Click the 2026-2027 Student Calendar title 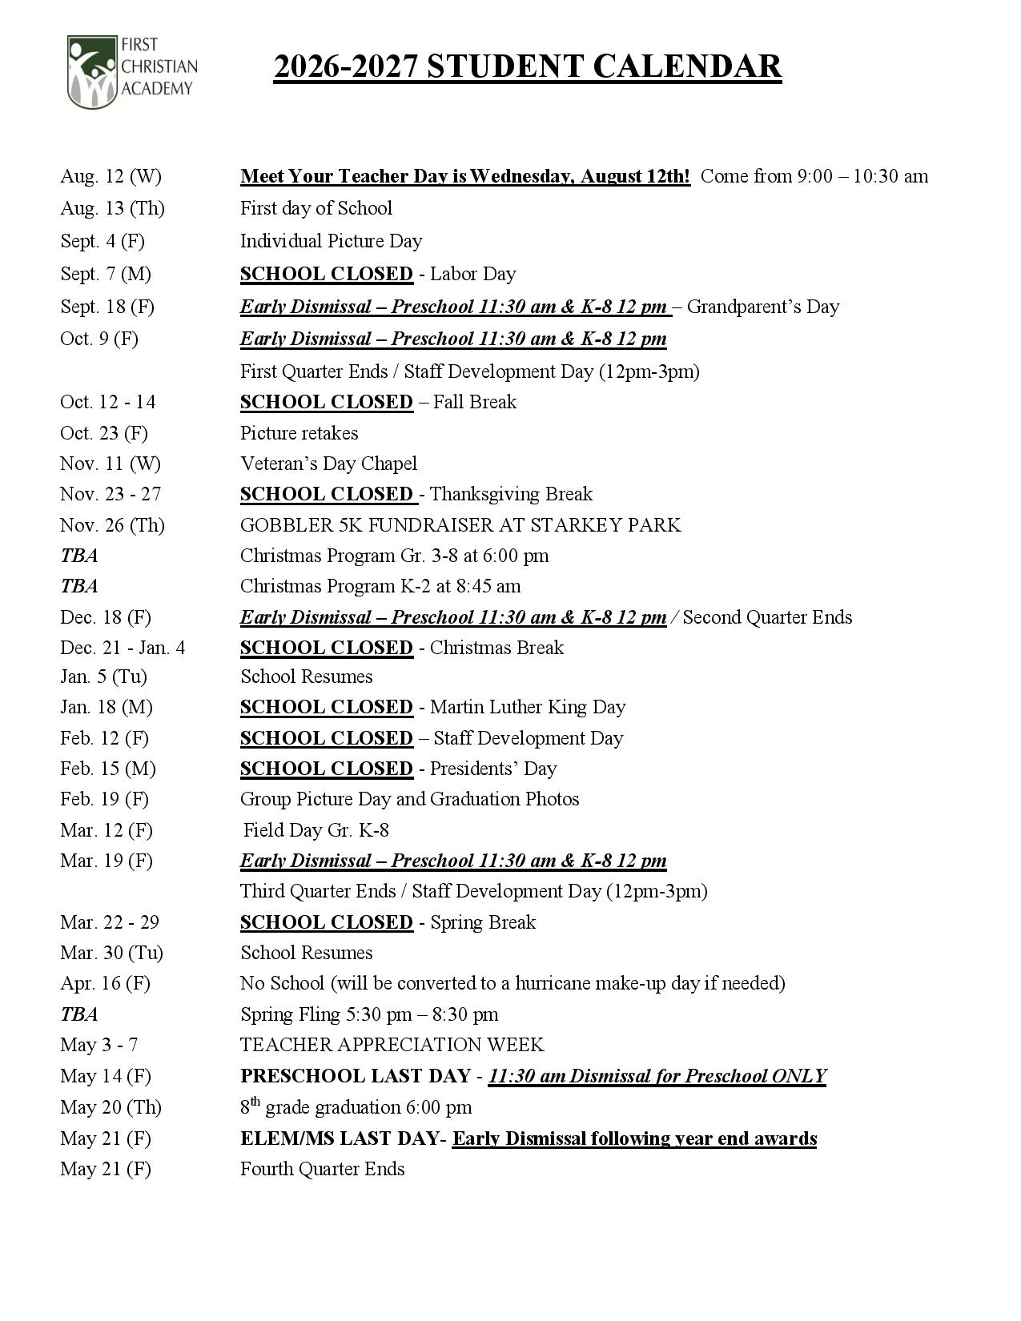[x=527, y=67]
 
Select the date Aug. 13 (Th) [x=112, y=209]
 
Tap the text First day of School [x=316, y=209]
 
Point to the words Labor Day [x=472, y=275]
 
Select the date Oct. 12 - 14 [x=107, y=402]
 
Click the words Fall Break [x=474, y=402]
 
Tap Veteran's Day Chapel [x=328, y=464]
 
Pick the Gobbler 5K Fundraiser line [x=460, y=525]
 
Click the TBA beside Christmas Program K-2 [x=78, y=587]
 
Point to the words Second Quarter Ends [x=767, y=617]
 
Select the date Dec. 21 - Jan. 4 [x=123, y=648]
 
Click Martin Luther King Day [x=528, y=708]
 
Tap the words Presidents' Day [x=492, y=769]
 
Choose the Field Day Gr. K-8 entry [x=316, y=831]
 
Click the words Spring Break [x=482, y=922]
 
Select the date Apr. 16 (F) [x=105, y=984]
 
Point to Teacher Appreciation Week [x=392, y=1046]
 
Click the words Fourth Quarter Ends [x=322, y=1170]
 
